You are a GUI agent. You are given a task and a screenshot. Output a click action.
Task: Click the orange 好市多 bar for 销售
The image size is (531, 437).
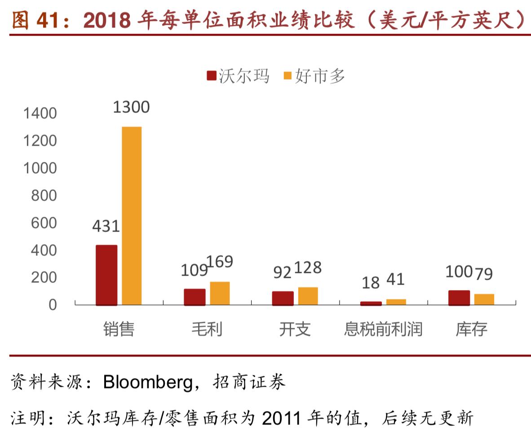[132, 216]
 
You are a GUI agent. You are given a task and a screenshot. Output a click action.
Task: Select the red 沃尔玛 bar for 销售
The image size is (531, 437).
[106, 275]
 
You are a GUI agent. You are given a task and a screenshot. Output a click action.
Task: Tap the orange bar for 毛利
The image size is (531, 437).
[220, 294]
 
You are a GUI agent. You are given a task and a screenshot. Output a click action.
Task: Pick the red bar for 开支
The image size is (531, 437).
[283, 299]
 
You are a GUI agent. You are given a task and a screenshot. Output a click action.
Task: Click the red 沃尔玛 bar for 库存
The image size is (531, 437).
[459, 298]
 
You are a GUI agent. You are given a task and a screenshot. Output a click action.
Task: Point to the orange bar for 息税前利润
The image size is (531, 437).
[396, 302]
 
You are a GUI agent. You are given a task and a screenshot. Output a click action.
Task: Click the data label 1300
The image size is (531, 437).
[131, 107]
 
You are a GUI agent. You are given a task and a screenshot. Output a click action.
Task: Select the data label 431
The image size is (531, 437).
[106, 226]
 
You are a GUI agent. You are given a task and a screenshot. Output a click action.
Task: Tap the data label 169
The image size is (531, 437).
[220, 262]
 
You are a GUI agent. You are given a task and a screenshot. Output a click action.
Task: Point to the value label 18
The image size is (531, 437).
[371, 282]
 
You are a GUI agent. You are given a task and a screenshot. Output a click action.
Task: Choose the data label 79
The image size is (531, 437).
[484, 273]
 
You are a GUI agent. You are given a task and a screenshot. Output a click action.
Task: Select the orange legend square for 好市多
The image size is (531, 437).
[288, 76]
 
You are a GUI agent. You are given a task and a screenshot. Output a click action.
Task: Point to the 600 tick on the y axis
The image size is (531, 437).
[44, 223]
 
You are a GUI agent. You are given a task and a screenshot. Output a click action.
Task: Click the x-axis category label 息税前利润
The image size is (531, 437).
[383, 330]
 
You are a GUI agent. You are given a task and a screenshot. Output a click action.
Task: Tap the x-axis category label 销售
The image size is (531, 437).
[119, 330]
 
